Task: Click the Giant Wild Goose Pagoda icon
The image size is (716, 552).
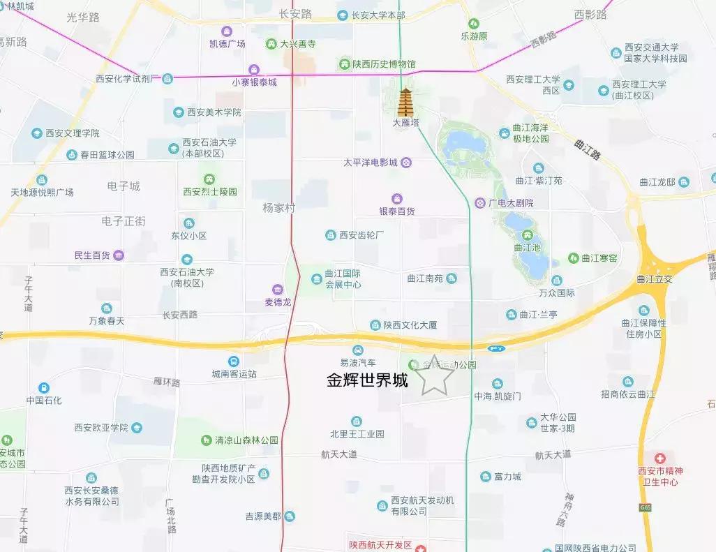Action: click(x=405, y=103)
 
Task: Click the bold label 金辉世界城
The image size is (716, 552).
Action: click(x=367, y=381)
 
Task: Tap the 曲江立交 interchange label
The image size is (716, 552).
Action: click(x=654, y=279)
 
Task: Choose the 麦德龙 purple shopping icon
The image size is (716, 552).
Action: click(x=277, y=289)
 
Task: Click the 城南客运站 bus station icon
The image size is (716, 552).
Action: click(x=233, y=361)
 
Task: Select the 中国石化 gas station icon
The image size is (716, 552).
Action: click(x=44, y=387)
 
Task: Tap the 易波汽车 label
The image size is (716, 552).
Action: click(x=358, y=363)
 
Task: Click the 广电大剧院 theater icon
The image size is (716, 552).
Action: click(x=480, y=203)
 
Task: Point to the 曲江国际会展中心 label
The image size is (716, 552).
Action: click(x=343, y=279)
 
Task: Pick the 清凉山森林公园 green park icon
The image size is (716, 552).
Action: click(x=207, y=440)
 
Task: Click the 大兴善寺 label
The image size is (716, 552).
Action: click(x=298, y=44)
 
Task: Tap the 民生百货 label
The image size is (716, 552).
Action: click(x=92, y=255)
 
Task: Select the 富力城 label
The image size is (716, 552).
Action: click(x=507, y=477)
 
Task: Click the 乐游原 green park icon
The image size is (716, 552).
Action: click(x=474, y=23)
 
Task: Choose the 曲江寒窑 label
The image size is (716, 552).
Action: click(x=599, y=258)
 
